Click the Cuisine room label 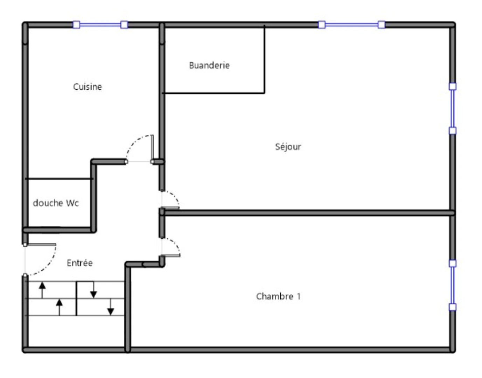88,87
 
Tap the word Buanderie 209,65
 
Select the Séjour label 288,147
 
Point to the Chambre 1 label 278,296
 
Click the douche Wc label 56,203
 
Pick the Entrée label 79,263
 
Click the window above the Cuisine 100,24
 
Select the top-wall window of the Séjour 351,24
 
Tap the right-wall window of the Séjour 453,108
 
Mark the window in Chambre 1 453,285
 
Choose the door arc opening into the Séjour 174,196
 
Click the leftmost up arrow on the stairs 42,290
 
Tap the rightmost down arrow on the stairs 111,307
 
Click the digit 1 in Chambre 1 299,296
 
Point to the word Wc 72,203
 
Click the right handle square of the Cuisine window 124,24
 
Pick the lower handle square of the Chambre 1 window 453,307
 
